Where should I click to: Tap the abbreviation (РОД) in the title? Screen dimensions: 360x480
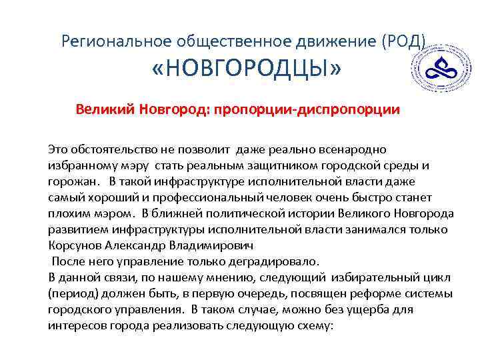[403, 41]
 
